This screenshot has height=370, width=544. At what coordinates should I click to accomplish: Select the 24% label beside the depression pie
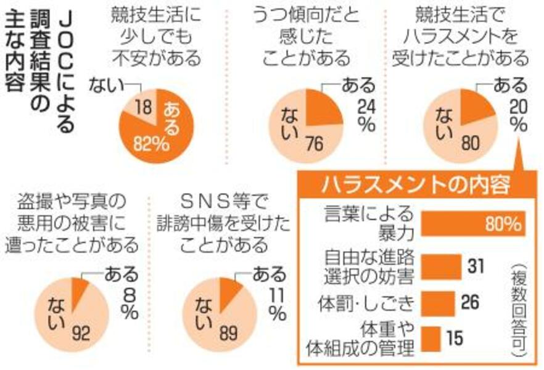(365, 113)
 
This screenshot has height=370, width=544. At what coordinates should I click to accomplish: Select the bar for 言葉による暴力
(473, 224)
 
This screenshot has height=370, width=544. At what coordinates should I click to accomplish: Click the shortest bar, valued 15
(431, 339)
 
